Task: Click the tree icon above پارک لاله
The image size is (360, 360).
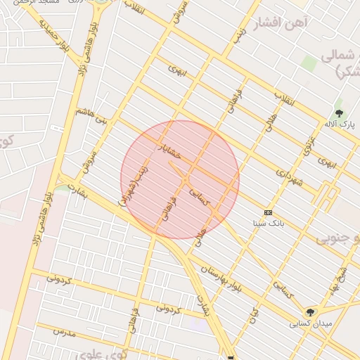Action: pos(340,113)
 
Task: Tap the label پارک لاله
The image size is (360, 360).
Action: pos(339,124)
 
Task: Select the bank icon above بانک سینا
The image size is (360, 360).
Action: pos(268,212)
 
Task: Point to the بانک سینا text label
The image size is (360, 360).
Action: pos(269,222)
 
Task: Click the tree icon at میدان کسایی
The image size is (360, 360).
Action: pos(310,312)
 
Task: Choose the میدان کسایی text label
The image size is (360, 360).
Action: pos(308,324)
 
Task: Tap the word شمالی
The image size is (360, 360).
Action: pos(338,56)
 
